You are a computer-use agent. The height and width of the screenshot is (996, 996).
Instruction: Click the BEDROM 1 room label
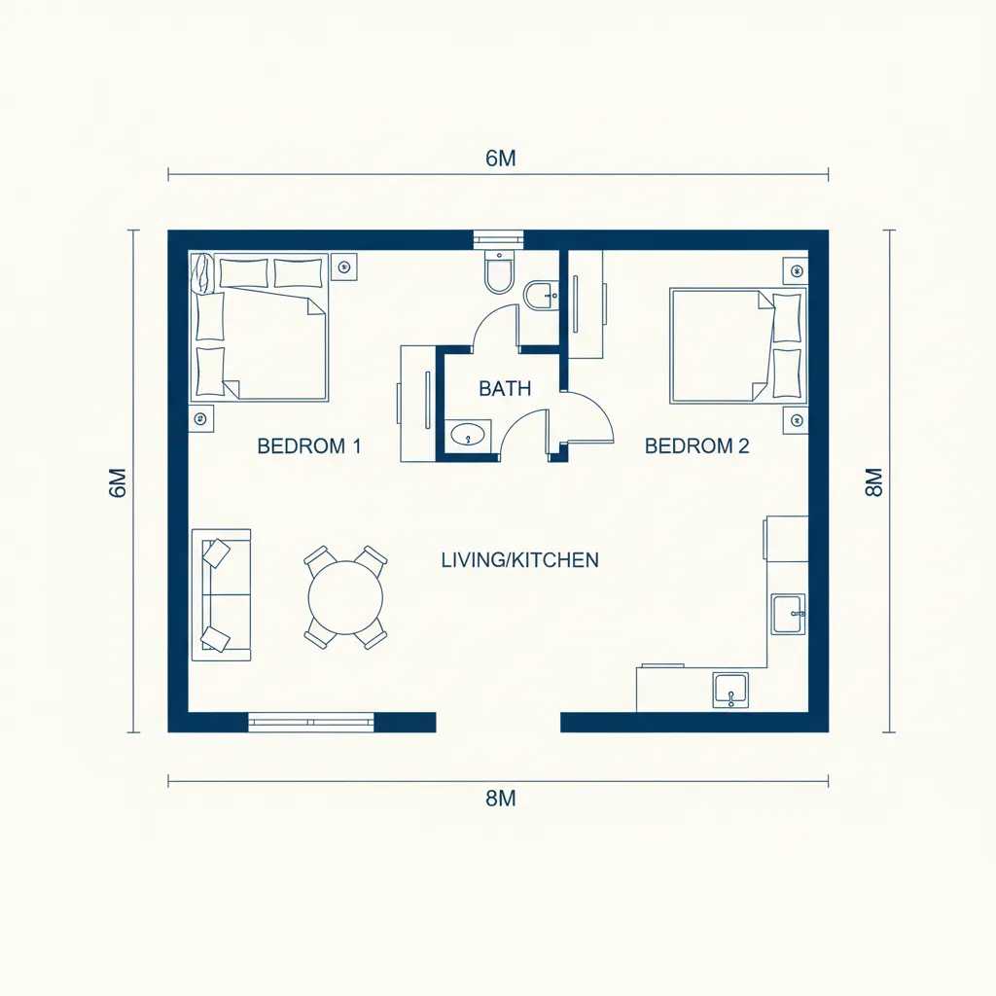click(x=309, y=445)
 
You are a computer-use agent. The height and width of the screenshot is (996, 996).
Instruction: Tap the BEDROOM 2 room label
click(x=696, y=445)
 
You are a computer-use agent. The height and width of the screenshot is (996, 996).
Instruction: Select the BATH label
click(x=505, y=388)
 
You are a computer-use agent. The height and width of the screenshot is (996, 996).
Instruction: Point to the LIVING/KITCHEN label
click(x=520, y=559)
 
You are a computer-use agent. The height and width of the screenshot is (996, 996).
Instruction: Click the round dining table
click(x=345, y=597)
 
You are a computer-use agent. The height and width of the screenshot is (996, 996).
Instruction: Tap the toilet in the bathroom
click(x=499, y=272)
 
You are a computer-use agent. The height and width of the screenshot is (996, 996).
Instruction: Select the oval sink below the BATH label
click(x=468, y=435)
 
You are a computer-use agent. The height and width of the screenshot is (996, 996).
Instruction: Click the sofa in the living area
click(x=221, y=594)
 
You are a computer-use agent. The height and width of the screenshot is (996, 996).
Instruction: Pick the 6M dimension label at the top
click(x=501, y=159)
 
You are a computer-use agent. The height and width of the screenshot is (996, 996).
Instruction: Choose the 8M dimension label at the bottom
click(x=501, y=799)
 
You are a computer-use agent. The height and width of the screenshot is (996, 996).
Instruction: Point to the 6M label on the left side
click(x=118, y=482)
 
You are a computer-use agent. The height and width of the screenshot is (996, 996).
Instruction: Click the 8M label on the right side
click(x=874, y=482)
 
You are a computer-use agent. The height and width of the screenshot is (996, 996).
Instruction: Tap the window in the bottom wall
click(x=310, y=723)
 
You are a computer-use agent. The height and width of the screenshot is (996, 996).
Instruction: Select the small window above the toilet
click(x=499, y=239)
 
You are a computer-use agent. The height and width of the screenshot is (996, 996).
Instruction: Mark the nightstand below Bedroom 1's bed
click(x=201, y=418)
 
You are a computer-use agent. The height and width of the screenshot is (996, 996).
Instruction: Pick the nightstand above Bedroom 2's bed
click(x=796, y=270)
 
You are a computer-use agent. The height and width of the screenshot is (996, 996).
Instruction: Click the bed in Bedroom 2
click(x=738, y=345)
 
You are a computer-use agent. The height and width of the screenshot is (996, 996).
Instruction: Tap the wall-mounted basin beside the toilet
click(x=541, y=296)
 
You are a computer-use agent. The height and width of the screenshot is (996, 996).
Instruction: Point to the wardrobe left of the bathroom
click(x=418, y=404)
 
